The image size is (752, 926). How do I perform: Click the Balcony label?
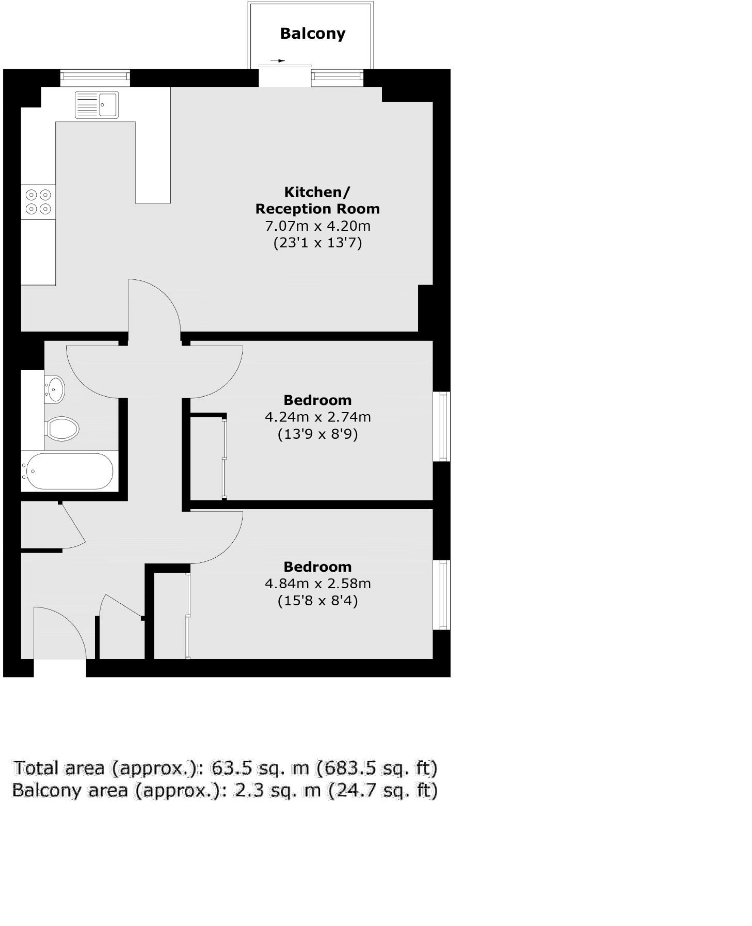(x=312, y=34)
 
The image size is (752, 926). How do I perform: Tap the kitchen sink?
(x=97, y=105)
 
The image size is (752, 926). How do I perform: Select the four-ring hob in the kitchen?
(x=38, y=202)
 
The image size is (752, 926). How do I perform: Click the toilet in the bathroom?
(x=62, y=429)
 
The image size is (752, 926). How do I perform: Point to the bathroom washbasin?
(x=55, y=389)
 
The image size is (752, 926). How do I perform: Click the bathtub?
(x=69, y=471)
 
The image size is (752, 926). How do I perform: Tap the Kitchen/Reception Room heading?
(x=317, y=200)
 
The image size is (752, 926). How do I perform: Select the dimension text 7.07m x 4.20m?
(x=317, y=226)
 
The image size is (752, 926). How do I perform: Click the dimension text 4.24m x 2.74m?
(x=317, y=417)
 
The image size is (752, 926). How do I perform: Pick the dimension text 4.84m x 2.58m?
(x=317, y=584)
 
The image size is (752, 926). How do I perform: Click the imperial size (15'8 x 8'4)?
(x=317, y=601)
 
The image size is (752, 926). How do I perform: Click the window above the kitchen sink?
(x=95, y=77)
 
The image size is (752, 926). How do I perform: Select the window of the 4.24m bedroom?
(x=442, y=426)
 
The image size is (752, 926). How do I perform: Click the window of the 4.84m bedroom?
(x=442, y=594)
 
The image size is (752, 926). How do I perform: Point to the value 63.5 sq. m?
(x=260, y=768)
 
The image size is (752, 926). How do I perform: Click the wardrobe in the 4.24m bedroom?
(x=207, y=457)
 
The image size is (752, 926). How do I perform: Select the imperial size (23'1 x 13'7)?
(x=317, y=243)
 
